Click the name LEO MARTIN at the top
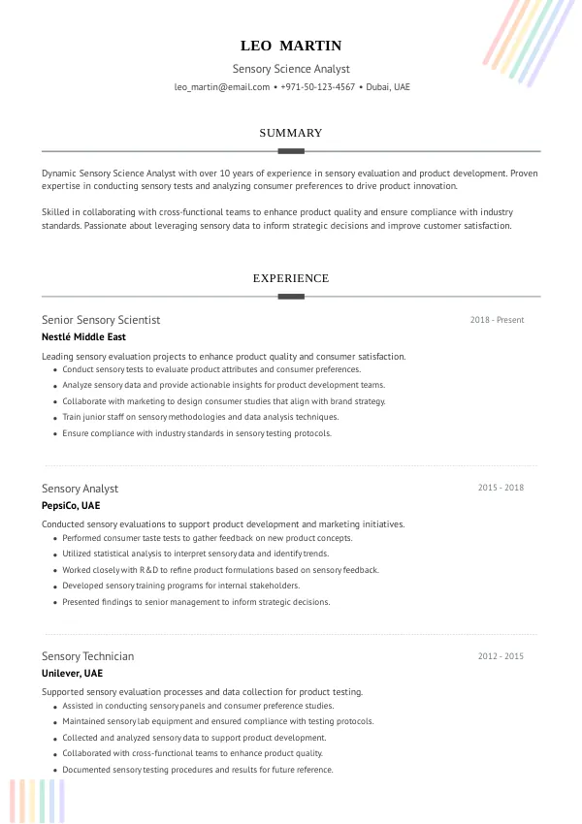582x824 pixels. coord(291,46)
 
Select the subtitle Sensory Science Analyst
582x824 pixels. coord(291,69)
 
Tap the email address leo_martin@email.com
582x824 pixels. coord(222,87)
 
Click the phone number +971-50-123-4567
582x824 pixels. coord(318,87)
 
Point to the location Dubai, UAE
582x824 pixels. coord(388,87)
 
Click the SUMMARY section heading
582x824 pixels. coord(291,133)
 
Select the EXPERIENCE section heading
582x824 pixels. coord(291,278)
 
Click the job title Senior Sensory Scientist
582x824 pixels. coord(101,320)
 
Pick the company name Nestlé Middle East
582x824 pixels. coord(83,337)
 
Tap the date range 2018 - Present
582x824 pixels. coord(497,320)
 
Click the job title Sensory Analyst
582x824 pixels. coord(80,489)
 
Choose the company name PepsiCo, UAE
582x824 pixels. coord(71,506)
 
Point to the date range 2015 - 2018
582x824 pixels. coord(501,488)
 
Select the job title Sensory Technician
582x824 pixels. coord(87,656)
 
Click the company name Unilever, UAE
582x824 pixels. coord(72,674)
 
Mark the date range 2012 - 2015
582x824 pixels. coord(501,656)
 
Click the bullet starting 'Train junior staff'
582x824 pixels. coord(201,417)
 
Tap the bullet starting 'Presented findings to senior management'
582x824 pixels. coord(196,602)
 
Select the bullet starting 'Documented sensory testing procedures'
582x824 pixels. coord(198,770)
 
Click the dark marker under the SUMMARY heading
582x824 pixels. coord(291,151)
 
